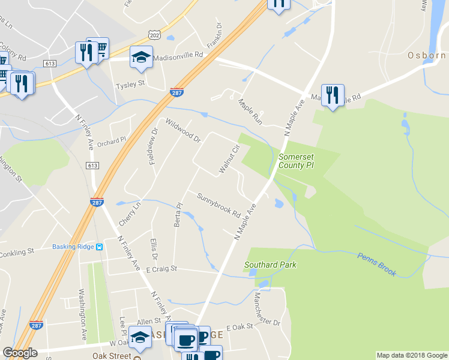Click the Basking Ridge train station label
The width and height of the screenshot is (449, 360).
click(x=73, y=246)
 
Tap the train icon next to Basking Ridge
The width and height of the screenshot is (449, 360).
click(x=100, y=246)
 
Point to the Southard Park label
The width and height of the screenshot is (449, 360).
click(x=270, y=265)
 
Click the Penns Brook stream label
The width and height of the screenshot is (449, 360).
click(x=377, y=264)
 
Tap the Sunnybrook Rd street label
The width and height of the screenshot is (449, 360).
click(x=218, y=205)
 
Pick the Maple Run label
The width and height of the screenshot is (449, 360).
click(x=250, y=109)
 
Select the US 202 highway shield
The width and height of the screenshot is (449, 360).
click(x=155, y=37)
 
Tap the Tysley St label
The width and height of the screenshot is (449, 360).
click(x=131, y=85)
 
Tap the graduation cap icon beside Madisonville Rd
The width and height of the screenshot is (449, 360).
click(x=141, y=58)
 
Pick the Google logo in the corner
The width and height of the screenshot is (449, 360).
click(x=20, y=353)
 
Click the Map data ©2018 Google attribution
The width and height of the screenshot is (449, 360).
click(x=411, y=355)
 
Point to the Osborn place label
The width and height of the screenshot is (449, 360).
click(x=427, y=55)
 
